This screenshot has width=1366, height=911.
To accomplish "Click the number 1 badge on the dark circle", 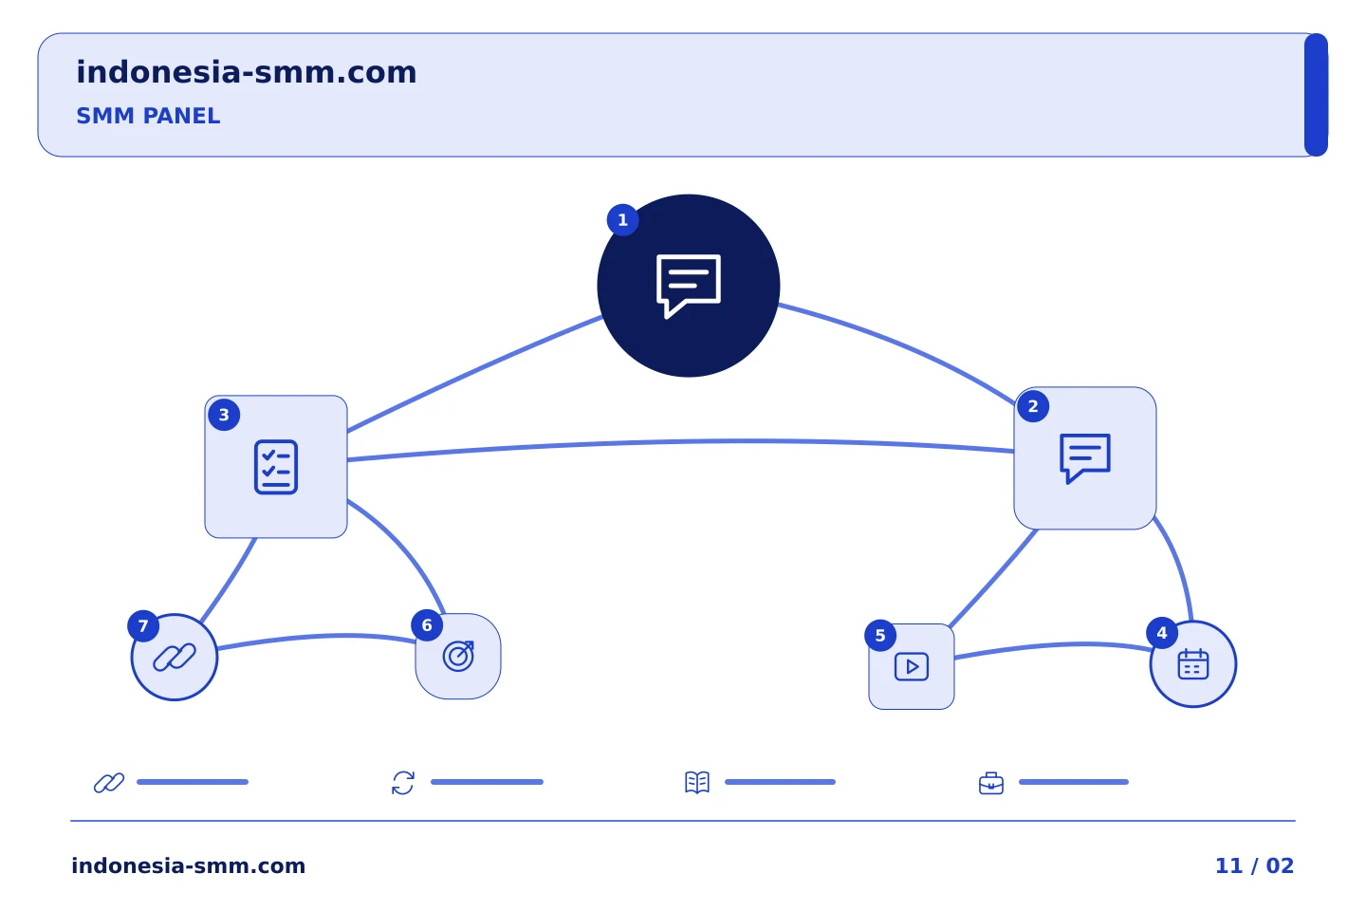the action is click(622, 219).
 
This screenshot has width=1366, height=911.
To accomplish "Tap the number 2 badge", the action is click(1033, 406).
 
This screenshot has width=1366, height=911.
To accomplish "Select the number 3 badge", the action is click(224, 415).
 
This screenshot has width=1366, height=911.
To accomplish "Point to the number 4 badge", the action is click(1162, 633).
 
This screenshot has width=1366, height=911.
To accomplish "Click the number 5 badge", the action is click(880, 636).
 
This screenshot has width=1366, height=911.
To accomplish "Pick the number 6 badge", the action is click(427, 625).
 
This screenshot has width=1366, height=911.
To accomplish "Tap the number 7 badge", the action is click(143, 626).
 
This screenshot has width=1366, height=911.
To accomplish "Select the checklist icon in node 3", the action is click(276, 467).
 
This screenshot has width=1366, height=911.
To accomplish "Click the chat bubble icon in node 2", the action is click(1085, 458).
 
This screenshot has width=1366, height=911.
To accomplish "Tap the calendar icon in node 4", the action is click(1193, 664).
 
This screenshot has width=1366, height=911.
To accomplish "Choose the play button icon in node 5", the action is click(912, 666).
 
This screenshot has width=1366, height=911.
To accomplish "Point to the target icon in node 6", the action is click(458, 656).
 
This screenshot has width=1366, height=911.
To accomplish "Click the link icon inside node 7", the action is click(175, 658).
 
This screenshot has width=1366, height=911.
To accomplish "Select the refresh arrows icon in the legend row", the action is click(403, 783).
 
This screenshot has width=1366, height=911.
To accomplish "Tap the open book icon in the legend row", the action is click(697, 782).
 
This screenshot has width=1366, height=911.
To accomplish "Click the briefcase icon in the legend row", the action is click(991, 784).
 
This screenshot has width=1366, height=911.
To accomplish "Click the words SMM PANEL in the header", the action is click(148, 116).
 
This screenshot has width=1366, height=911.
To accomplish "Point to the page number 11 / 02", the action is click(1254, 865).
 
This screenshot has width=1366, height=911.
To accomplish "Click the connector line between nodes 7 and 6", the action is click(317, 637).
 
